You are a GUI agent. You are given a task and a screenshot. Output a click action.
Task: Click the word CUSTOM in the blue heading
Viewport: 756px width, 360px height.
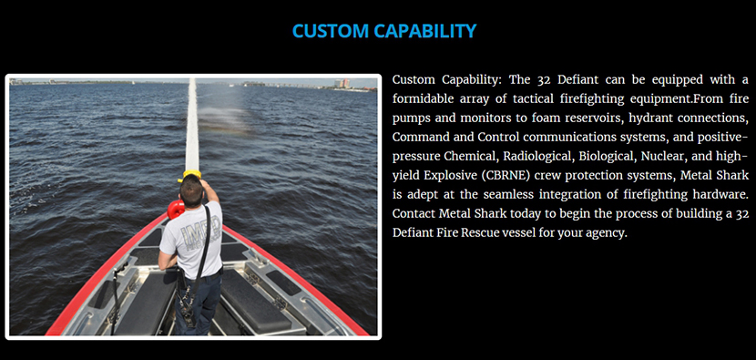pos(331,31)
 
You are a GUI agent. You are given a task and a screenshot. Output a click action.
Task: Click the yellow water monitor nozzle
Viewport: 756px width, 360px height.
pos(191,174)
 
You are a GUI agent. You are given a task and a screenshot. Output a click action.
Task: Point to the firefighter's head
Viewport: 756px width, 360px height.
pos(191,191)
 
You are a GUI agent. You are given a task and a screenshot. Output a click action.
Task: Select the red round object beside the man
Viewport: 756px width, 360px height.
pos(176,210)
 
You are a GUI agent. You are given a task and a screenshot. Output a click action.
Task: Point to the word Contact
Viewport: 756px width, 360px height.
pos(414,213)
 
